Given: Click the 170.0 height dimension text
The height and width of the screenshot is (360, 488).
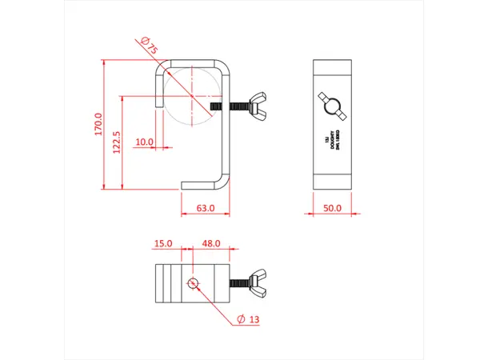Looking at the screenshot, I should pos(98,125).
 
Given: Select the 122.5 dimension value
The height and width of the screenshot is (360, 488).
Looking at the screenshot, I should pos(117,142).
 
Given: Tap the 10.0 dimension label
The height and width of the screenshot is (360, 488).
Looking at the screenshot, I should pos(144,142).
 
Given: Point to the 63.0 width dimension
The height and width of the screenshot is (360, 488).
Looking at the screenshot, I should pos(206,208).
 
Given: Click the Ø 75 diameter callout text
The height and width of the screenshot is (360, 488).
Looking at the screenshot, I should pos(148,46).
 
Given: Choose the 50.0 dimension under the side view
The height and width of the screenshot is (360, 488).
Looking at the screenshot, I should pos(332,208).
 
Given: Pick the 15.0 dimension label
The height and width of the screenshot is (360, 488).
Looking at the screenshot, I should pos(163,242).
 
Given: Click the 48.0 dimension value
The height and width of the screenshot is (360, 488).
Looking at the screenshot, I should pos(210,242).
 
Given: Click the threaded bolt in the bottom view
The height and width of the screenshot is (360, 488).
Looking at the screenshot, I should pos(240,282).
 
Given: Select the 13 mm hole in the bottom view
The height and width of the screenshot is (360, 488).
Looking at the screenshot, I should pos(192,283).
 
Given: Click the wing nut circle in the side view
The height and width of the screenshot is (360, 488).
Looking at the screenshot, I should pos(332,103).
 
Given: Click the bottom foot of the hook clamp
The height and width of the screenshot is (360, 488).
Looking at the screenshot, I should pos(204,186).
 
